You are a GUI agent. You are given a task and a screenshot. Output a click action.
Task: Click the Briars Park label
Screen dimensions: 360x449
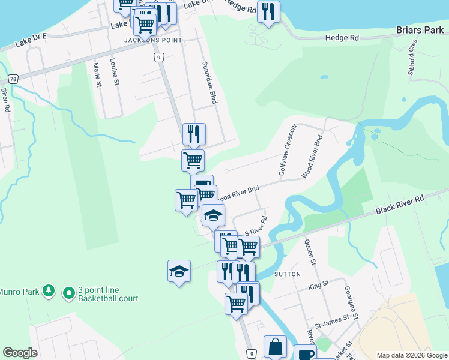click(x=418, y=29)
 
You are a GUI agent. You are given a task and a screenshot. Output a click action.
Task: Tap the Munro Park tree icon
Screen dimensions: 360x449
click(x=49, y=292)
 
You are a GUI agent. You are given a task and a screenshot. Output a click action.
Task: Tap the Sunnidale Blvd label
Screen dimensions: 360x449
click(x=208, y=83)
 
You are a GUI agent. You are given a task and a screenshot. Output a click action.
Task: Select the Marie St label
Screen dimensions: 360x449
click(x=97, y=75)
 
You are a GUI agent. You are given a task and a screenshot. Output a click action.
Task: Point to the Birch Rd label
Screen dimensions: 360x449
click(x=5, y=101)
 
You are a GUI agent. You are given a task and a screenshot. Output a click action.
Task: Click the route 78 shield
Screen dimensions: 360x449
click(x=13, y=79)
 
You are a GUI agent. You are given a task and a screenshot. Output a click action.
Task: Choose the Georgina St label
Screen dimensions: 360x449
click(x=350, y=302)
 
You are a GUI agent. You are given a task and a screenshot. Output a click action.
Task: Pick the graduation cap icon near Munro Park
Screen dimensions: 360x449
click(x=179, y=272)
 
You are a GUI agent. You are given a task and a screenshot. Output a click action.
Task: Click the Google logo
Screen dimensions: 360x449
click(x=20, y=353)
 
